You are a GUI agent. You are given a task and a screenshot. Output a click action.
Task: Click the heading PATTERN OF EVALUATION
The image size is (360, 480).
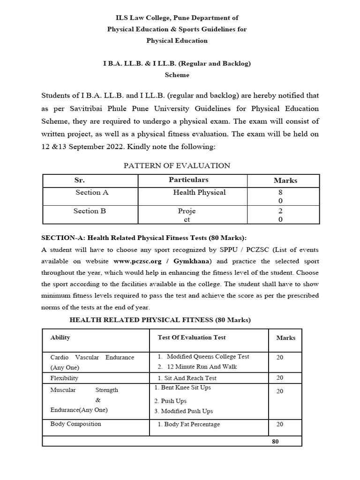177,165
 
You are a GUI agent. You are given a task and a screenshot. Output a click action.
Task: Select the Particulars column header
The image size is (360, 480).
188,180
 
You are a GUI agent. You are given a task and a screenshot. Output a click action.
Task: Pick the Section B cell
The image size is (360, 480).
90,211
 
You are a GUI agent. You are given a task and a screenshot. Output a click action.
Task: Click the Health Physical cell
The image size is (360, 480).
199,192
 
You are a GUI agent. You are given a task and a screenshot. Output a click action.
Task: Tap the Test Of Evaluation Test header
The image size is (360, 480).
191,337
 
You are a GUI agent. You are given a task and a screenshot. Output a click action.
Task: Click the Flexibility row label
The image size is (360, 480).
64,378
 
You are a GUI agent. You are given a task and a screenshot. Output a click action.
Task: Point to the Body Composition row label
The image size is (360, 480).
75,424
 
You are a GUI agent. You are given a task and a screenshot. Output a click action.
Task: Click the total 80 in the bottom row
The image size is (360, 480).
275,441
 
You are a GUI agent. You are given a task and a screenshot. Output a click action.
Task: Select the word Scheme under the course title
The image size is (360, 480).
177,75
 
